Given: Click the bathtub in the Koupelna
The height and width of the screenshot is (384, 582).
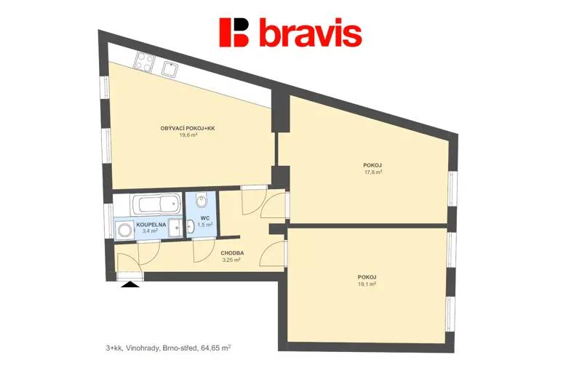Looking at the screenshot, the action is coord(156,204).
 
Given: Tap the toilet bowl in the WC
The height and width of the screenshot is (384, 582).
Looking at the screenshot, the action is coord(202,201).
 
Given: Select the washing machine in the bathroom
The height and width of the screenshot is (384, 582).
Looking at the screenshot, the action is coord(124,230).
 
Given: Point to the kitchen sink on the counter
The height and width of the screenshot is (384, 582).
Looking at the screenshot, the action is coord(170,69).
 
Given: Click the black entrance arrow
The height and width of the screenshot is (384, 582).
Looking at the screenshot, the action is coord(130,284).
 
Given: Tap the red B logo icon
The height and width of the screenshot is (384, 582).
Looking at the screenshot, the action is coord(234,32).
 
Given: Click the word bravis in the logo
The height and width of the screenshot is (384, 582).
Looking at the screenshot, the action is coord(311,32).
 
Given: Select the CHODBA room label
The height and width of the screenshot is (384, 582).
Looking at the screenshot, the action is coord(232,253).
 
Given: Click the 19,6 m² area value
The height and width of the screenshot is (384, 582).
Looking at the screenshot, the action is coord(188,135).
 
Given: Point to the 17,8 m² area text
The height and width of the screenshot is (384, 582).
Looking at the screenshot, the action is coord(373,172).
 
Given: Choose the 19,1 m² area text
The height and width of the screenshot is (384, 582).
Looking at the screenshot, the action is coord(367,284).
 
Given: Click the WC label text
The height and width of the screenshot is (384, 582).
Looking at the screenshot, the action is coord(205,218).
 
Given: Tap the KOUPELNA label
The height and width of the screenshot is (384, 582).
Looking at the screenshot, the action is coord(151,225).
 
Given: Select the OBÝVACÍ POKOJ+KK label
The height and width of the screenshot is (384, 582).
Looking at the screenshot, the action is coord(188,129).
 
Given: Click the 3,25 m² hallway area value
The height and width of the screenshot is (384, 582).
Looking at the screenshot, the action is coord(231,260).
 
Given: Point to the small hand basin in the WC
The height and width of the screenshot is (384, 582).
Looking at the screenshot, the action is coord(191,226).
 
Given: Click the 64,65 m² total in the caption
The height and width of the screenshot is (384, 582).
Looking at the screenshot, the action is coord(216,348).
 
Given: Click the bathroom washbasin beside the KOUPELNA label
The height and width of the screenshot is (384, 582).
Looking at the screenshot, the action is coord(175,228).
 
